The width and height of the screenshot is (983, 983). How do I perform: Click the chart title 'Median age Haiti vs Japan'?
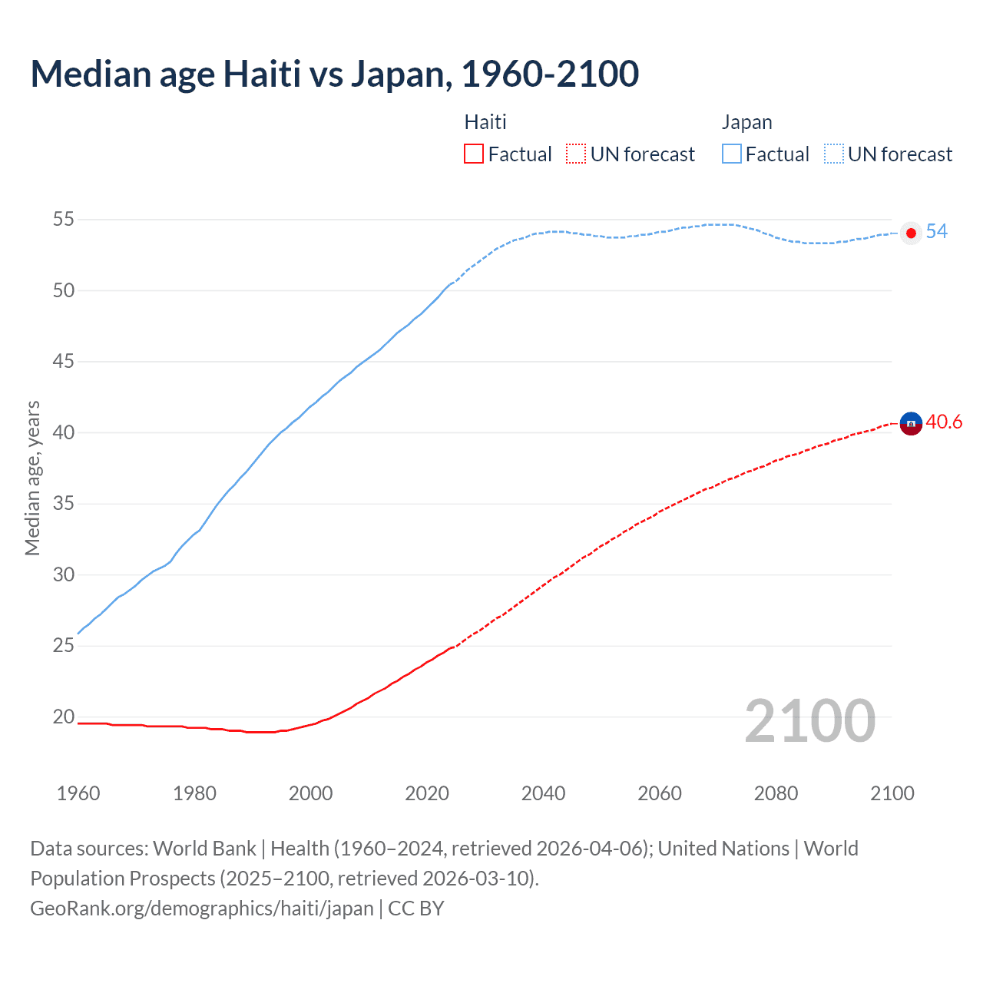coord(334,74)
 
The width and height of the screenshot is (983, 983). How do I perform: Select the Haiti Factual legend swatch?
coord(474,154)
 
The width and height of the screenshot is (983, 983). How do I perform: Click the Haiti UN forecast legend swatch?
coord(576,154)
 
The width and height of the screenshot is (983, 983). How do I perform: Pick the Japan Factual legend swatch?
coord(732,154)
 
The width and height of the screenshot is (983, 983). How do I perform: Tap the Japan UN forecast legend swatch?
coord(834,154)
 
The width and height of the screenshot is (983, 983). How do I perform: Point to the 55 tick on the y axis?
coord(64,220)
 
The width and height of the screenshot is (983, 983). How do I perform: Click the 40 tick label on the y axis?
coord(64,433)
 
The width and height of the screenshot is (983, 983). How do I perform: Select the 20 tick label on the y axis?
coord(64,717)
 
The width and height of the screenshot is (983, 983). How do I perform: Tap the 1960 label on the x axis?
coord(78,793)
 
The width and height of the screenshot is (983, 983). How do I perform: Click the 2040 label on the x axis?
coord(543,793)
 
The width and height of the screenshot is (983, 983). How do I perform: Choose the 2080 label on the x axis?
coord(776,793)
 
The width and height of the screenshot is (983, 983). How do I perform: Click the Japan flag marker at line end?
coord(911,233)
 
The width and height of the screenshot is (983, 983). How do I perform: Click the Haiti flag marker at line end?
coord(911,423)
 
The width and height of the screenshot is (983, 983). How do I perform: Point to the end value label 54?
coord(936,232)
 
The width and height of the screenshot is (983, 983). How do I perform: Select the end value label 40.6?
coord(944,422)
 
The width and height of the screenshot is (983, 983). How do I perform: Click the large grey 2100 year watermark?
coord(809,721)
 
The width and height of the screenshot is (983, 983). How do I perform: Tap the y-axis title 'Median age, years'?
coord(32,478)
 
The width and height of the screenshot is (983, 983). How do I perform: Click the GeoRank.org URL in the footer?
coord(201,909)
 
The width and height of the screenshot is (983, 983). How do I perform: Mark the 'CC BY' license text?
coord(416,909)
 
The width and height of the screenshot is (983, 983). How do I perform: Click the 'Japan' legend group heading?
coord(746,122)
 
